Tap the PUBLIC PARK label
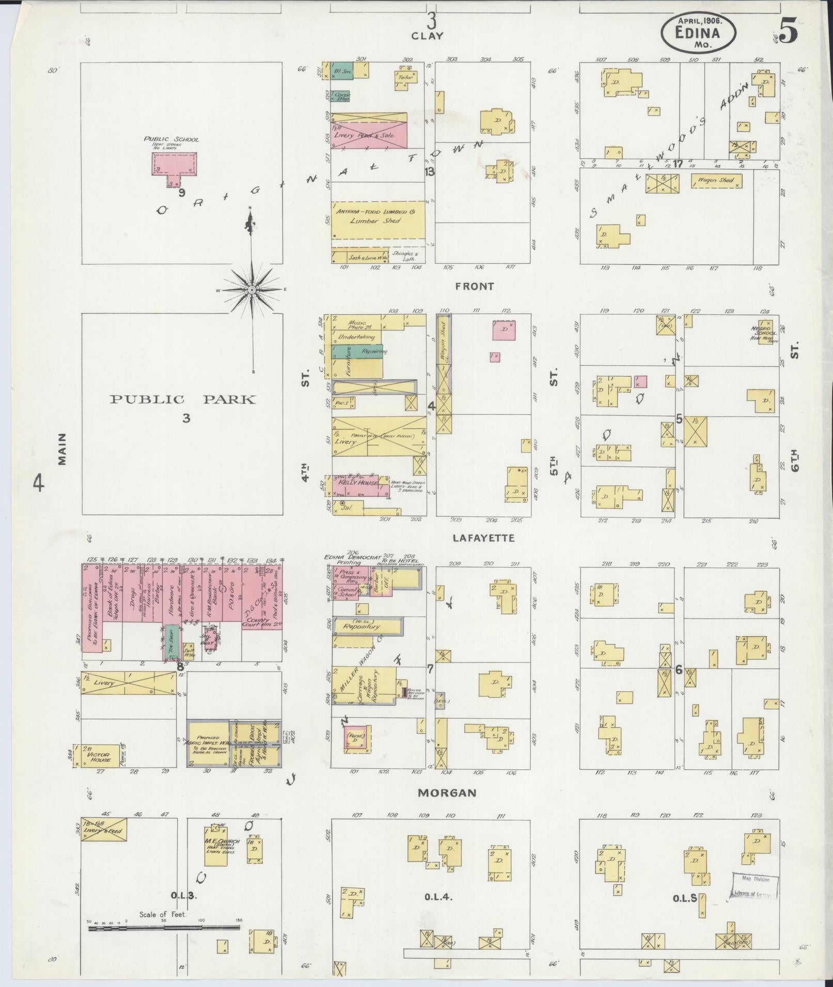click(x=182, y=399)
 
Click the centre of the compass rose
click(x=252, y=290)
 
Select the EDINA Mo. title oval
click(x=698, y=31)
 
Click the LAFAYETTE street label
click(x=483, y=538)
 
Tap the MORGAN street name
click(x=447, y=792)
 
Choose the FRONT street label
click(x=474, y=286)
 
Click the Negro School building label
click(x=765, y=332)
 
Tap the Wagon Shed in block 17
click(x=716, y=181)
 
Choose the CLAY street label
click(x=427, y=36)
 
